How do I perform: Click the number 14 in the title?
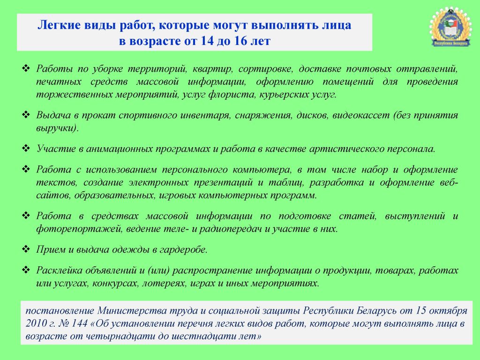tap(207, 41)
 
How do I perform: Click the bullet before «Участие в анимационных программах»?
tap(26, 149)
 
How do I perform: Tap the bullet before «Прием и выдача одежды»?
tap(26, 249)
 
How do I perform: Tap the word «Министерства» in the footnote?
tap(127, 311)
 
